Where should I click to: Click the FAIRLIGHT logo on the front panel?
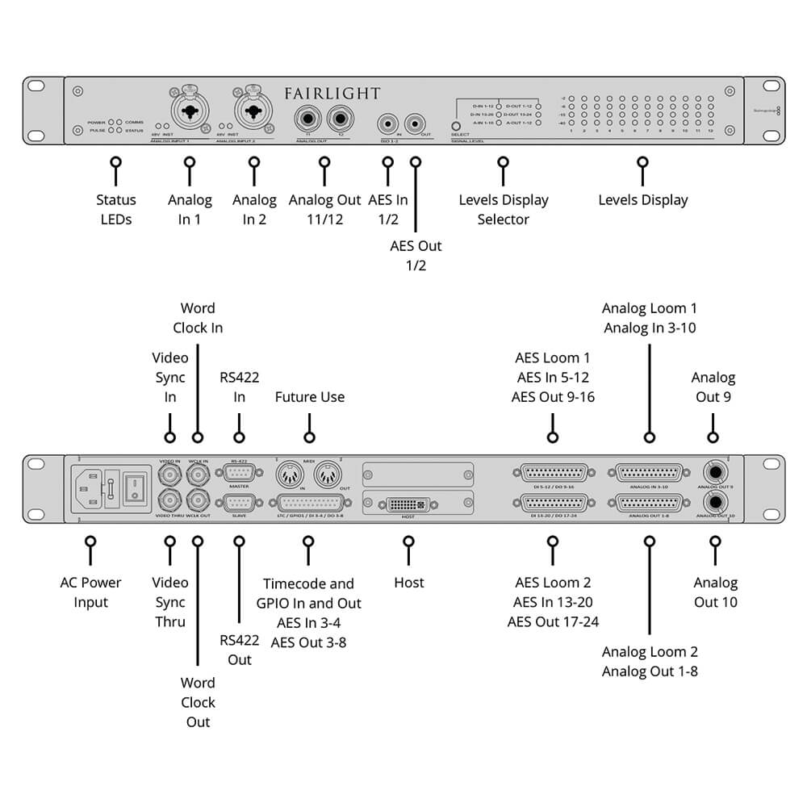tap(332, 94)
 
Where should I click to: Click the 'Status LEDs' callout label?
tap(116, 210)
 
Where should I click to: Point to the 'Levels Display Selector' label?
tap(504, 210)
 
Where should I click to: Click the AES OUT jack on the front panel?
tap(416, 123)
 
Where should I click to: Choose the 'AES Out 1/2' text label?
tap(416, 256)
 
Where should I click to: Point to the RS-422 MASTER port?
tap(239, 474)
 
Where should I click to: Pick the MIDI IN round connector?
tap(290, 472)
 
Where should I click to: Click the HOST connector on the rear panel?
tap(408, 504)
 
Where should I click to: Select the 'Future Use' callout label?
tap(310, 397)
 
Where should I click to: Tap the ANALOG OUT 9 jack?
tap(713, 473)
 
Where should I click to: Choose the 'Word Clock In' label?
tap(198, 318)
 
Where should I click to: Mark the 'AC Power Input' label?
tap(90, 592)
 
